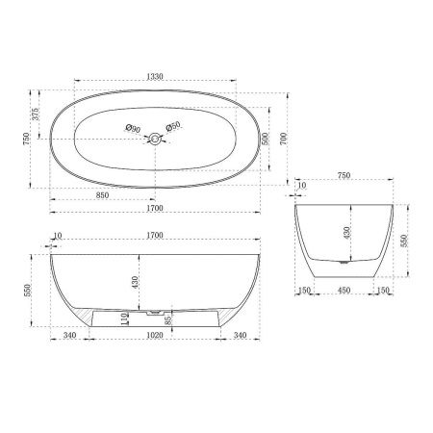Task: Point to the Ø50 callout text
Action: click(174, 128)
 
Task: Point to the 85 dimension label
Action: click(168, 319)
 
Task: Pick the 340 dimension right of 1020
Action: click(242, 336)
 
